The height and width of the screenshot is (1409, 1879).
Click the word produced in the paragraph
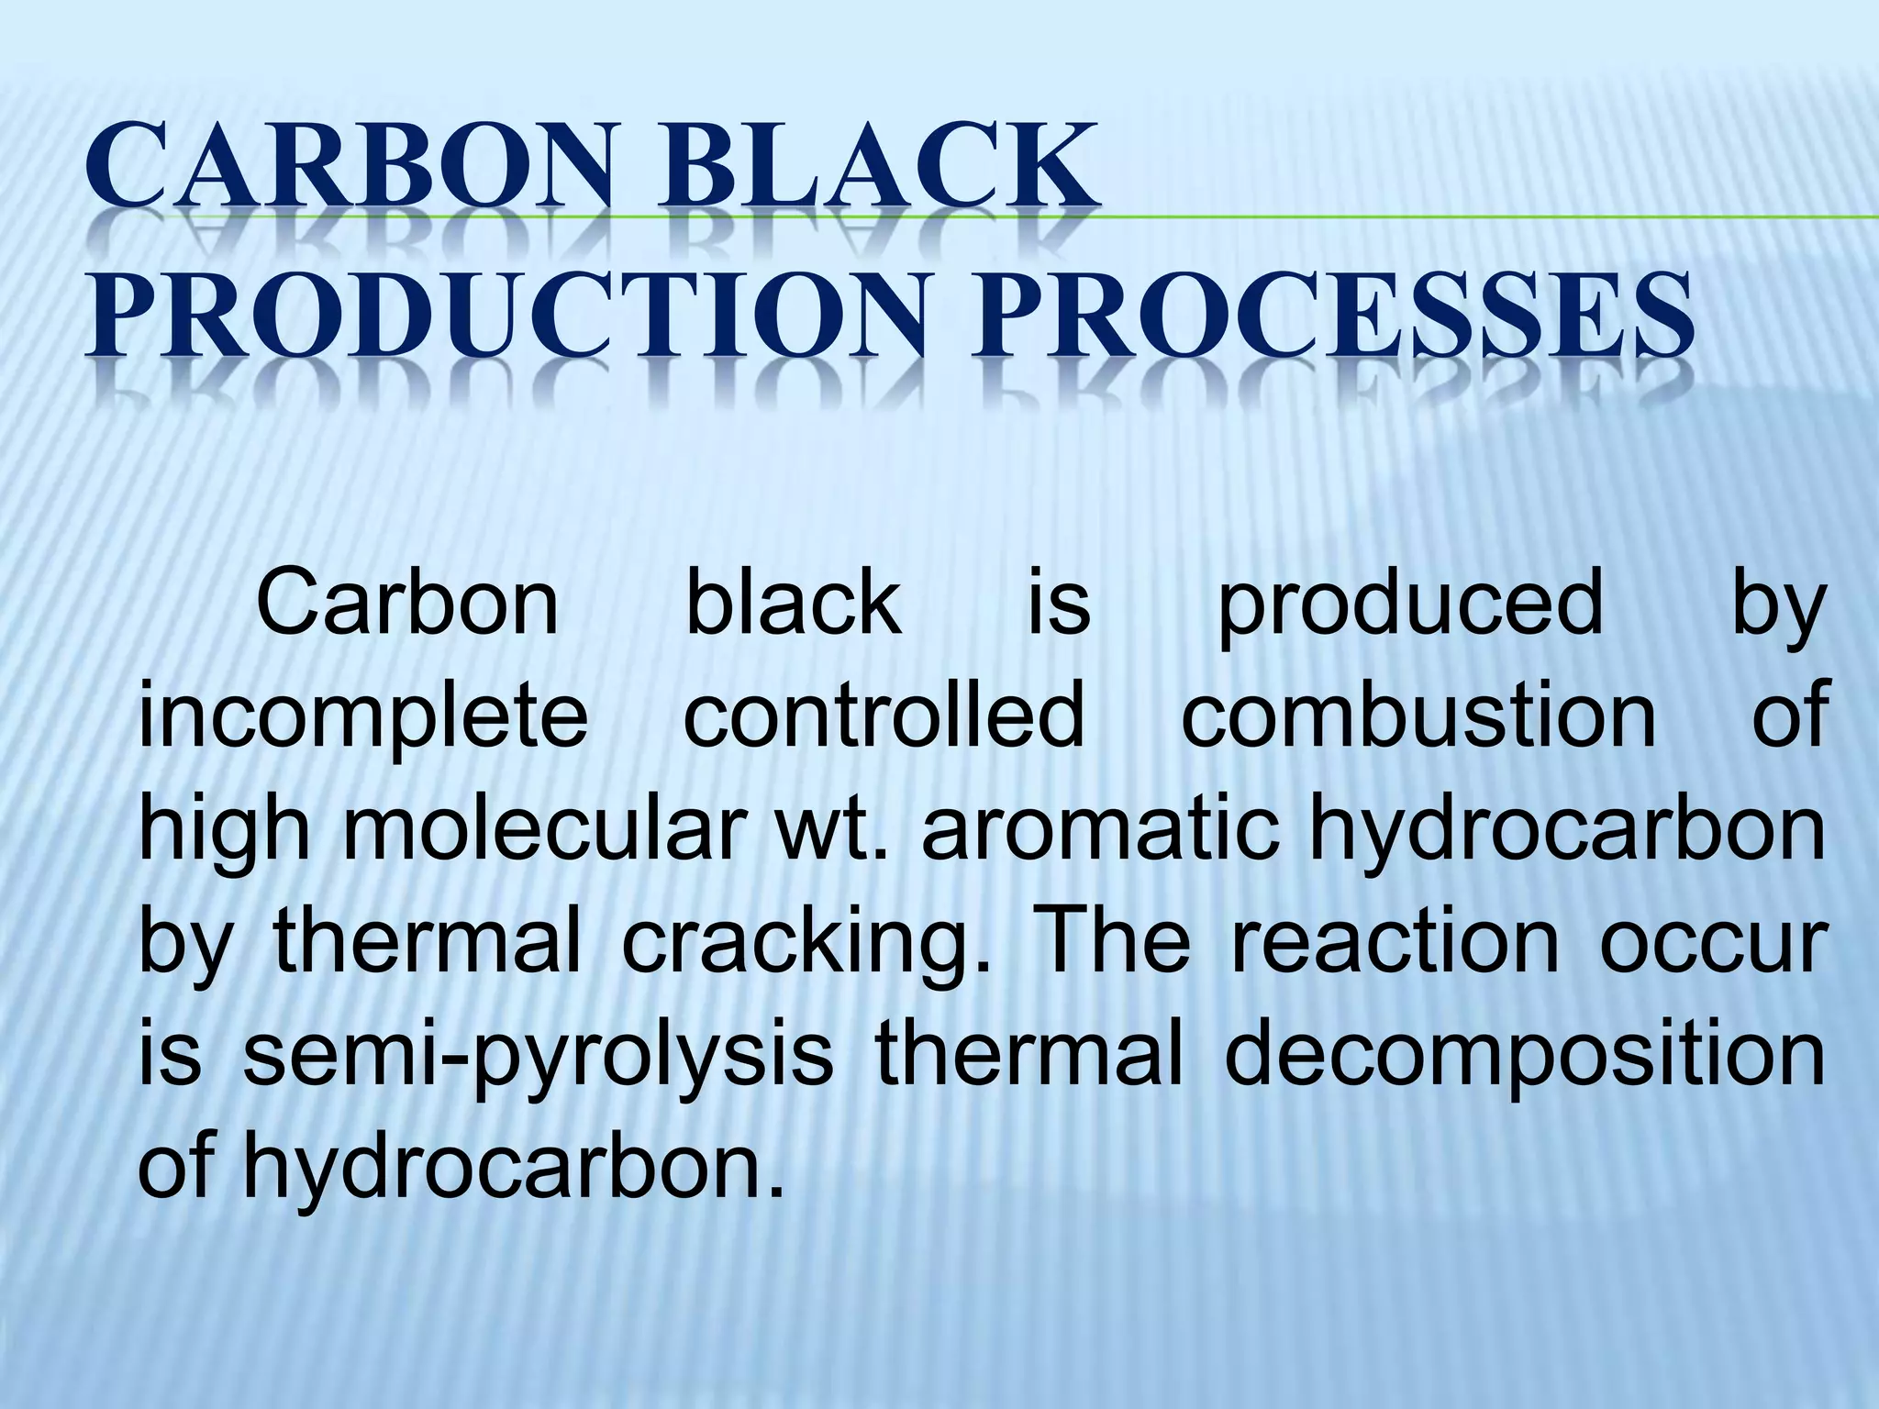pyautogui.click(x=1411, y=606)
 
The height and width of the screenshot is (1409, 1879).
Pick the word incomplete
pyautogui.click(x=362, y=719)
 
